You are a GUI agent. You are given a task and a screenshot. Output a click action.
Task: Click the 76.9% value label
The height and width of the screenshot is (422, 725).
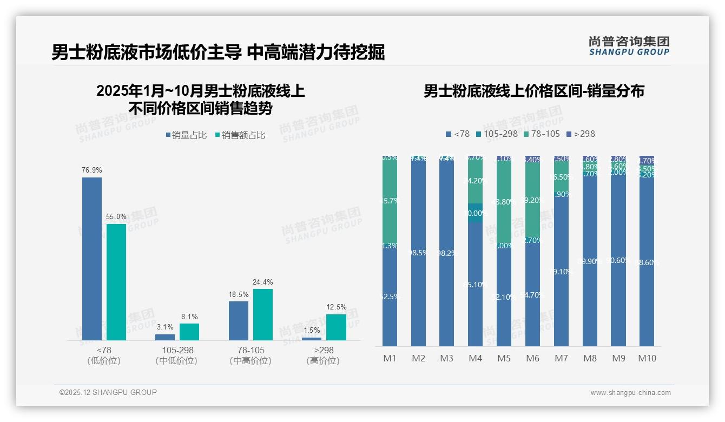[92, 170]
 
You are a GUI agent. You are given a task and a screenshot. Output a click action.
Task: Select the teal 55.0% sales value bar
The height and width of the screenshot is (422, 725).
[116, 281]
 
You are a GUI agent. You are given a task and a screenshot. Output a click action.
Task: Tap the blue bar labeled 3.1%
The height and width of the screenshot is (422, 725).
[165, 337]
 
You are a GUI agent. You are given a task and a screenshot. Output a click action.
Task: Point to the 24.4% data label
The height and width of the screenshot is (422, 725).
[263, 282]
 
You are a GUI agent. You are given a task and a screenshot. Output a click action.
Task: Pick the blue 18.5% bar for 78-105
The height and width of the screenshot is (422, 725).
[239, 320]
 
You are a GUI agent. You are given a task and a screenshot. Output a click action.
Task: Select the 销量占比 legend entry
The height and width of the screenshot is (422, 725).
[186, 135]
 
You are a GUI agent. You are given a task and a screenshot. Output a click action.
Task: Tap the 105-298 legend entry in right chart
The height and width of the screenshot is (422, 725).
[497, 134]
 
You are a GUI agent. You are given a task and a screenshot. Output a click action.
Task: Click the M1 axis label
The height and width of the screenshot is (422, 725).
[390, 358]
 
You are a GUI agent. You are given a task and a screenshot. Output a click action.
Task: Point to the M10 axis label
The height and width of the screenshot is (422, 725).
[647, 358]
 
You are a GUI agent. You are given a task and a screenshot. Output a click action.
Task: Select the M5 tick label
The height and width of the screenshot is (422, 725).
[504, 358]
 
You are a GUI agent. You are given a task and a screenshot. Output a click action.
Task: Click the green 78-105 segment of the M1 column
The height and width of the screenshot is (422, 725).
[390, 200]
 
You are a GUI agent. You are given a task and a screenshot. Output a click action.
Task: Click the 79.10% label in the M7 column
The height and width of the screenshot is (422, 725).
[561, 272]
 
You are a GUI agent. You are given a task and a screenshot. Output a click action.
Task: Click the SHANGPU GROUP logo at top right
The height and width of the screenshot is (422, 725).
[629, 46]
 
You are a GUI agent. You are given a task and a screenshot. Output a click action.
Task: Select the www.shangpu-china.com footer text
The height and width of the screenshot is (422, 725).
[630, 393]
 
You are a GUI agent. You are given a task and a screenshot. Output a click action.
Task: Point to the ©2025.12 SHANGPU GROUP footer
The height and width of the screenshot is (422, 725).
[108, 392]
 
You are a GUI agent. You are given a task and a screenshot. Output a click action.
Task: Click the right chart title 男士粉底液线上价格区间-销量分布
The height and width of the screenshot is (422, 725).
[533, 91]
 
